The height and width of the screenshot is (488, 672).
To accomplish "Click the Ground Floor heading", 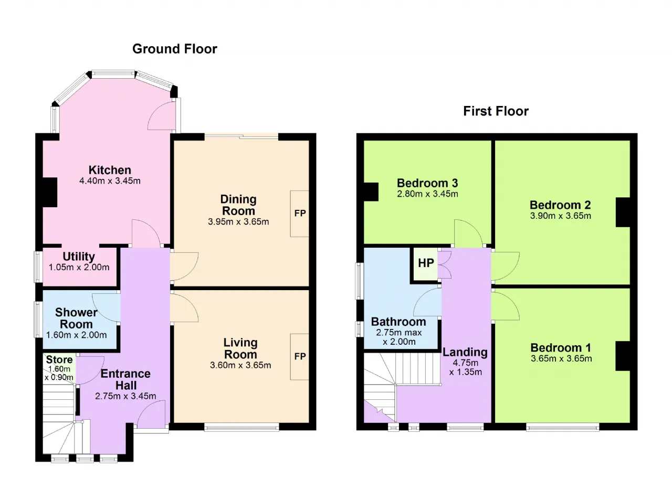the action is tap(175, 49).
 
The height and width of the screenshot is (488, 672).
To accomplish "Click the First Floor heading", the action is tap(496, 111).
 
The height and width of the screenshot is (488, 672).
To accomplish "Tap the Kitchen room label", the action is tap(110, 170).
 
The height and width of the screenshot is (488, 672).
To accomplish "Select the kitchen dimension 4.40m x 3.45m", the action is tap(110, 181).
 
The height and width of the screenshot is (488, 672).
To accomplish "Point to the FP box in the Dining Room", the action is tap(300, 214).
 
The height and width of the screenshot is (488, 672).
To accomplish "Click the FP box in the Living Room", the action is tap(300, 357).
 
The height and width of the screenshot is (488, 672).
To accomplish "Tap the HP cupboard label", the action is tap(426, 263).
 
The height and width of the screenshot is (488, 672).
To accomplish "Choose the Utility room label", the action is tap(79, 257).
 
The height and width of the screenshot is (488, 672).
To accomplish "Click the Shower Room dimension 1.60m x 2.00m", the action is tap(77, 335).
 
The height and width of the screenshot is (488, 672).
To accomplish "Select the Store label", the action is tap(59, 359).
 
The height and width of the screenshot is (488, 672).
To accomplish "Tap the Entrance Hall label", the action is tap(125, 379).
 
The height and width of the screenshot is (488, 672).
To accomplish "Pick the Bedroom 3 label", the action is tap(427, 183).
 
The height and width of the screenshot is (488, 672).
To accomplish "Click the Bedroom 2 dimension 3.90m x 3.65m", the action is tap(560, 216).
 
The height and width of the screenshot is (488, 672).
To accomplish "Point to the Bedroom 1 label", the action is tap(561, 348).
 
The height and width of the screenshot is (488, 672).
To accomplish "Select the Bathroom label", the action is tap(398, 322).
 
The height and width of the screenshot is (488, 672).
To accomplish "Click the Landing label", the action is tap(465, 352).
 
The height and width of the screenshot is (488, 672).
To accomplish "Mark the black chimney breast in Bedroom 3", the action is tap(371, 192).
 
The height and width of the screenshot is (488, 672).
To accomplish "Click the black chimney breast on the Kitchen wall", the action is tap(50, 192).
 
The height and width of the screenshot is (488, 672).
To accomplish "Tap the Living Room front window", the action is tap(241, 427).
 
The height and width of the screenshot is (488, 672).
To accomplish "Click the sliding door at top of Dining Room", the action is tap(241, 136).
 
